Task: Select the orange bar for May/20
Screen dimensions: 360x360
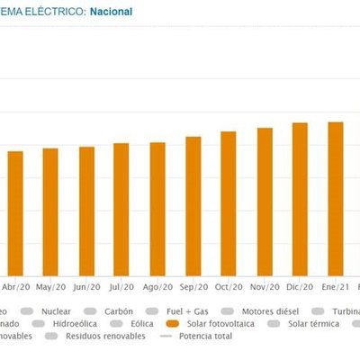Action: point(51,211)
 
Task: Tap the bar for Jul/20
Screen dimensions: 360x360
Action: point(121,209)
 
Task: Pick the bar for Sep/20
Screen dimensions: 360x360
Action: point(193,206)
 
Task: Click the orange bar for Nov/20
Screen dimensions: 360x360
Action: point(264,202)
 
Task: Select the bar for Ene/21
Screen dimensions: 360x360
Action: point(335,198)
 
